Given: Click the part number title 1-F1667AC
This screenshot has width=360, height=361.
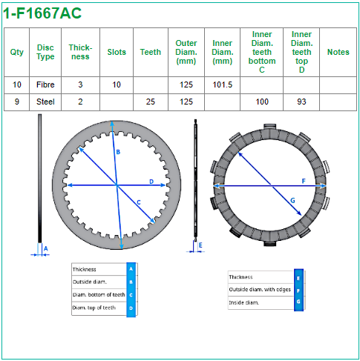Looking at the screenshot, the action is click(42, 13).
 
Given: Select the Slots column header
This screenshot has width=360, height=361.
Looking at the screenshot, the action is click(117, 52).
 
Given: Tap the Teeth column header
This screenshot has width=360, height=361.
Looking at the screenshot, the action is click(151, 52).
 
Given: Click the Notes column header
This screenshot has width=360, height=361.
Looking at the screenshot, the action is click(338, 52).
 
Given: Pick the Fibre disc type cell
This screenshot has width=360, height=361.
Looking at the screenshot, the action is click(45, 85).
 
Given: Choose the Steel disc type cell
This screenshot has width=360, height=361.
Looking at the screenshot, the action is click(45, 102).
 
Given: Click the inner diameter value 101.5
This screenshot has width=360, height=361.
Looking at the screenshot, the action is click(223, 85).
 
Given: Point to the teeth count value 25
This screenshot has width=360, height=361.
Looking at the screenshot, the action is click(151, 102).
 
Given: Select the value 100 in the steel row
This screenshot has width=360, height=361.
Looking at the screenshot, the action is click(262, 102).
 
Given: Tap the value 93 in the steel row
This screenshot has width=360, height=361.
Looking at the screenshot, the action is click(301, 102).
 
